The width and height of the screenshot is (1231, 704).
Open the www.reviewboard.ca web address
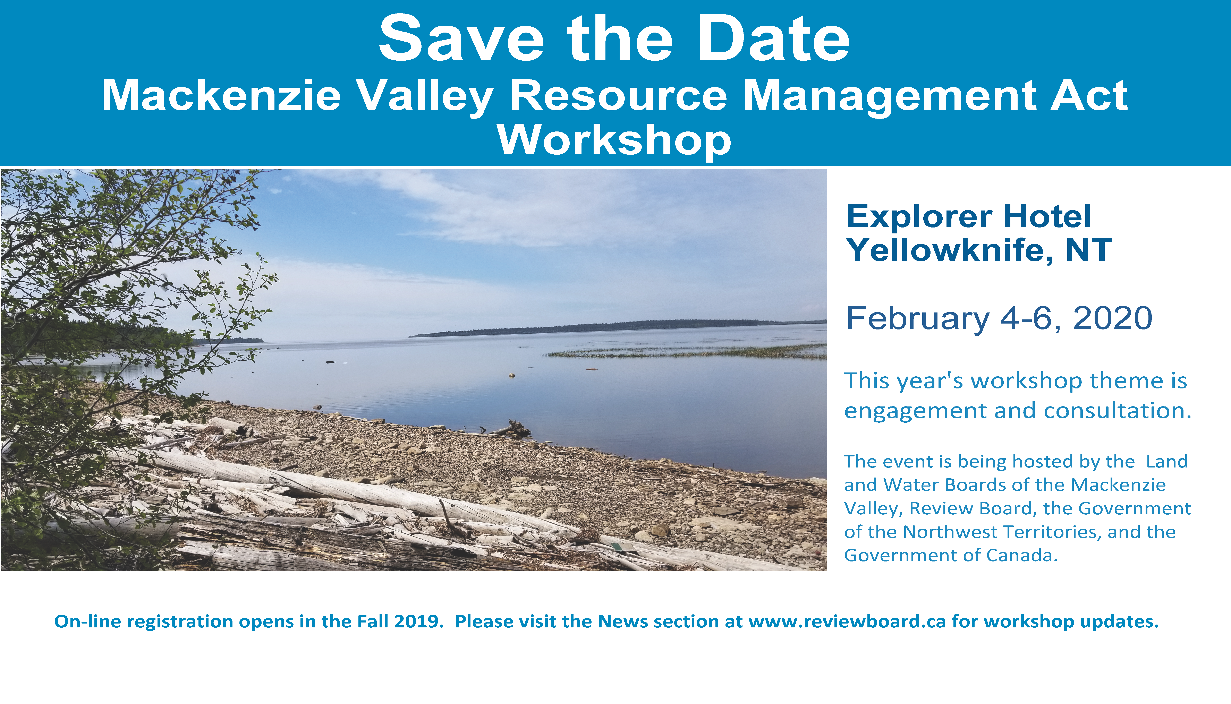coord(847,621)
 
